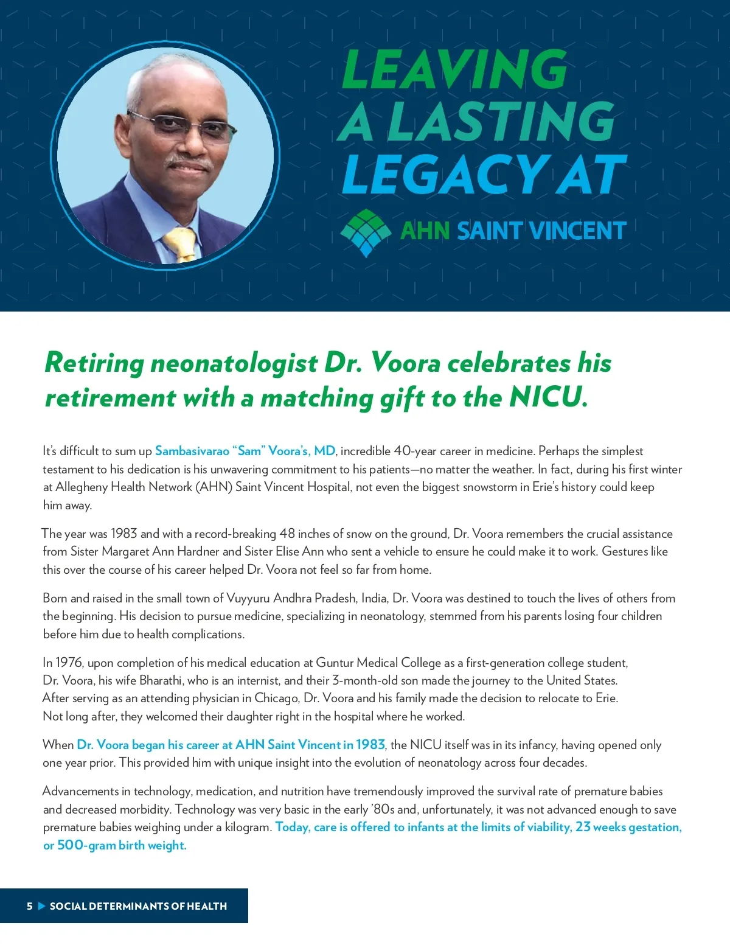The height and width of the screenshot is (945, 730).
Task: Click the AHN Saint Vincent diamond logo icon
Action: [x=365, y=232]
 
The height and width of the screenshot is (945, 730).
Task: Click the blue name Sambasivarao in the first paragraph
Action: [x=192, y=451]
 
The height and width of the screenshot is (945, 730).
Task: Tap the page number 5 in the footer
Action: [x=29, y=906]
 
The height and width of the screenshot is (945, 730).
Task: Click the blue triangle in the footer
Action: [x=41, y=906]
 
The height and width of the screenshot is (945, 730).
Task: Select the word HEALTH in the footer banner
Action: [x=207, y=906]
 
